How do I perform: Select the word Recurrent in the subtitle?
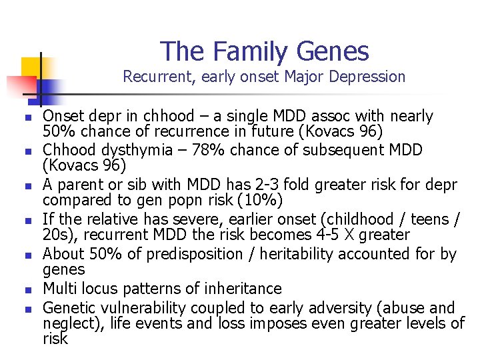pos(156,77)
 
